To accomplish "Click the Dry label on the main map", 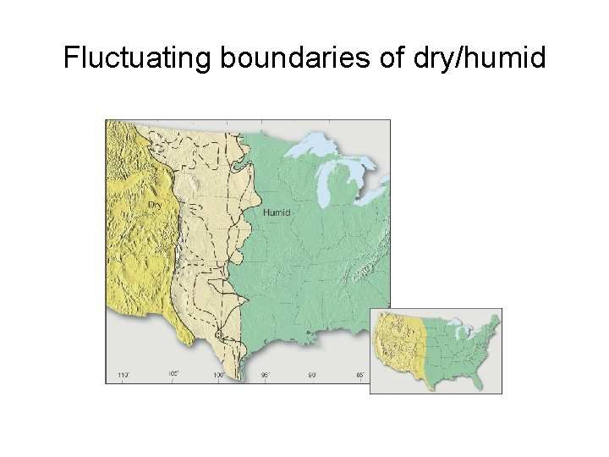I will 155,205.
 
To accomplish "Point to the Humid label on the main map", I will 277,212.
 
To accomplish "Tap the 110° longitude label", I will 123,373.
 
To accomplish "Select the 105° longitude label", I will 173,373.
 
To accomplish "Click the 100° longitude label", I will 218,373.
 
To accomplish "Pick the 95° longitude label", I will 265,373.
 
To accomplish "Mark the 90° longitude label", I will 311,373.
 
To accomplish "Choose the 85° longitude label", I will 359,373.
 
